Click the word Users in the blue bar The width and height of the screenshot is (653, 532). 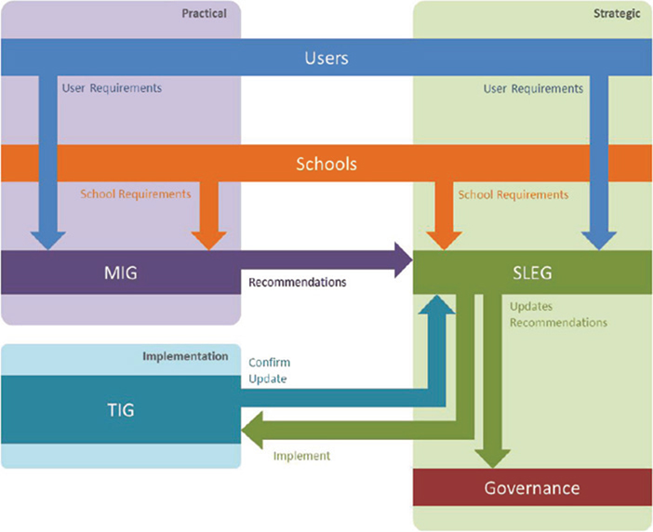(326, 59)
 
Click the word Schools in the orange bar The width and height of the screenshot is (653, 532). (326, 165)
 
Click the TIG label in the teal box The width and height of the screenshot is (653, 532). (121, 409)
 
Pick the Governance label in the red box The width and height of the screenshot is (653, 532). (532, 488)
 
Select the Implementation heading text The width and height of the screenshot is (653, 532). (185, 355)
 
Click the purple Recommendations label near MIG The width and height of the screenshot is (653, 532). (297, 281)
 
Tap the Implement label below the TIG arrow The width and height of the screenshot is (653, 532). (301, 456)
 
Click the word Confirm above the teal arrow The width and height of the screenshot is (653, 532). (268, 362)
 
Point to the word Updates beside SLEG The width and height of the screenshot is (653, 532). (532, 305)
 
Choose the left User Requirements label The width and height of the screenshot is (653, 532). (112, 88)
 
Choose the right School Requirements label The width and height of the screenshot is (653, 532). (513, 194)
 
